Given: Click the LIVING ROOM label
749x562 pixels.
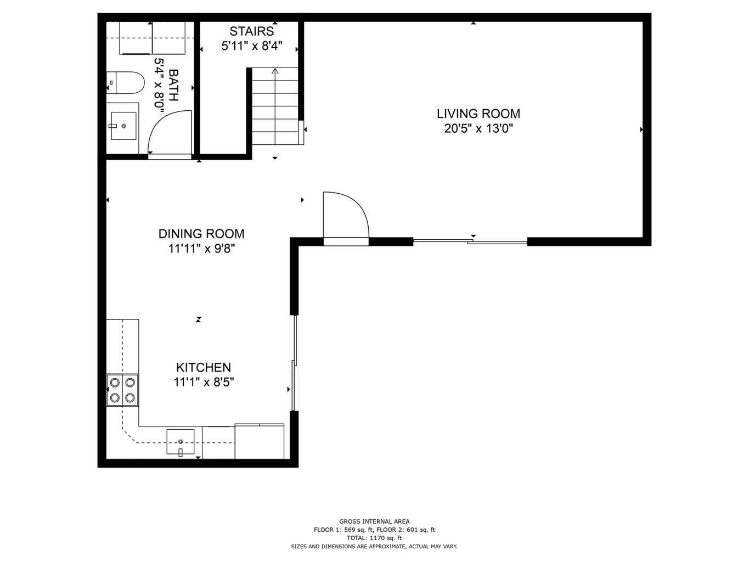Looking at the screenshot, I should pos(478,114).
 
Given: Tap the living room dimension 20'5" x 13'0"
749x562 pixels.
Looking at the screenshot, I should pos(478,129).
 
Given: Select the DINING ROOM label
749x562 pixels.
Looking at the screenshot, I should pos(201,234).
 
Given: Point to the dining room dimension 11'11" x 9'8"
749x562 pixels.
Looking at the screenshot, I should pos(201,249).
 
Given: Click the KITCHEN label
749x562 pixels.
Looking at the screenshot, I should pos(203,368).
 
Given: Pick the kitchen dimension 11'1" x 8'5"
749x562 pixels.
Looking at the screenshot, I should pos(204,383).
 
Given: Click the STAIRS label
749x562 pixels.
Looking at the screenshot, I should pos(251,31).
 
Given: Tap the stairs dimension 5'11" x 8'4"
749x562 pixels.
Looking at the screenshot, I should pos(251,46).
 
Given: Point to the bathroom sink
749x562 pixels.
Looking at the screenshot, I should pos(123,126).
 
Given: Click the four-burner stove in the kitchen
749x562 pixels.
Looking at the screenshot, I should pos(122,390).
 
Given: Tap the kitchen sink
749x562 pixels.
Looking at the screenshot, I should pos(181,442).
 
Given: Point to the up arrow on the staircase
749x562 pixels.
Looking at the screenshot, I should pos(275,71).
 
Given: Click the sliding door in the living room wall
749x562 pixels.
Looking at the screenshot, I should pos(470,241).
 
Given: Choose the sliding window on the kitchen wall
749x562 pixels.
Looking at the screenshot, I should pos(294,363).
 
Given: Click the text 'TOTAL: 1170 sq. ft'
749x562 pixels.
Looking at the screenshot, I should pos(374,538).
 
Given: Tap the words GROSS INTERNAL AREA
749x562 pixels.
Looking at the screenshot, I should pos(374,521).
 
